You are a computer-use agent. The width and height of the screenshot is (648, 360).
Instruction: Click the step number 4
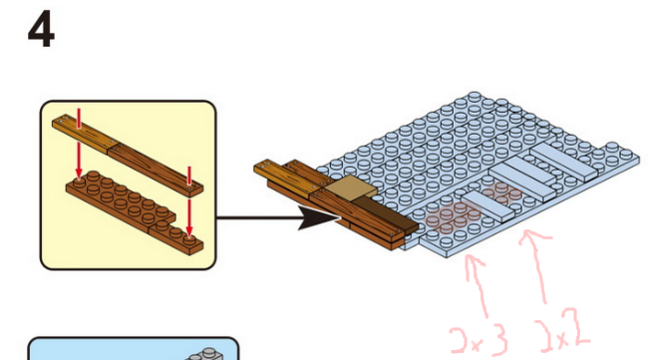tap(41, 30)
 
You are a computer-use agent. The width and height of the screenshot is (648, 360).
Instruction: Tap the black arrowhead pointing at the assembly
tap(319, 217)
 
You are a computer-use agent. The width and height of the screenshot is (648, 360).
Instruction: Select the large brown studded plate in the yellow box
tap(121, 197)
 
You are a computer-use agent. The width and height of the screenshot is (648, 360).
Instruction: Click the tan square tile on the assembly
tap(351, 187)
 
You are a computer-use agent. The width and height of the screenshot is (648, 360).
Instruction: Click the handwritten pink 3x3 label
tap(479, 340)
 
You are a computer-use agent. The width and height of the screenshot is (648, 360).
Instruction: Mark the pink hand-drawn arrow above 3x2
tap(536, 266)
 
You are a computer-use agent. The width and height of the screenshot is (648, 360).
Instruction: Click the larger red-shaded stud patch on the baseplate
tap(453, 216)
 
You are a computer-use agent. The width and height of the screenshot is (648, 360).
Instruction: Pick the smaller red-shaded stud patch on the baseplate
tap(502, 192)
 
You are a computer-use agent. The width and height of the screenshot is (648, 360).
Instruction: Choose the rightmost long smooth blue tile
tap(564, 162)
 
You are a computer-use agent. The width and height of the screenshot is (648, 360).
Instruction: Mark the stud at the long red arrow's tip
tap(79, 182)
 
